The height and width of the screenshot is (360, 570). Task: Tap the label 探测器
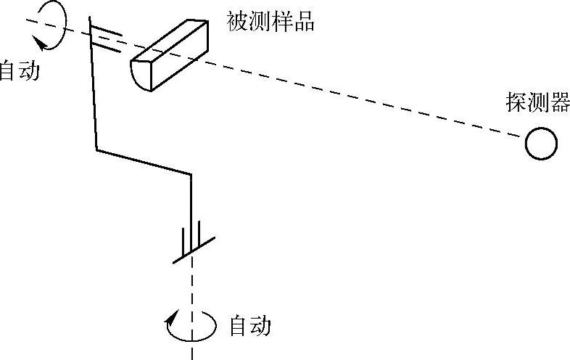[537, 103]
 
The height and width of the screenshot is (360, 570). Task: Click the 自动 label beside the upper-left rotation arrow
[19, 70]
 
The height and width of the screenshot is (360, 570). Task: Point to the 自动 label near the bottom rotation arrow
[249, 326]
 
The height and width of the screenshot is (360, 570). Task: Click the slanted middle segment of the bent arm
[144, 162]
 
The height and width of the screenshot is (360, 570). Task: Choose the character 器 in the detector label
[559, 103]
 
